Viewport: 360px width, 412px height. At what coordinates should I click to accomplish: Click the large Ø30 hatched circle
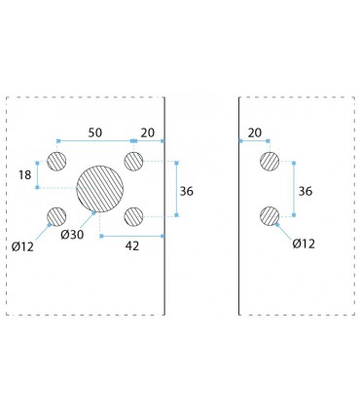100,189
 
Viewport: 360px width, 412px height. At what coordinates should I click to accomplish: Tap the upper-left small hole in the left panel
56,161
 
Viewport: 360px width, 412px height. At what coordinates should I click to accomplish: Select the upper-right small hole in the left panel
133,161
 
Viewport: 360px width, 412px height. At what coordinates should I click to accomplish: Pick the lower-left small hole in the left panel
56,216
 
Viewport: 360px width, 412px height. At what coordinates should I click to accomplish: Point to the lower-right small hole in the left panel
133,216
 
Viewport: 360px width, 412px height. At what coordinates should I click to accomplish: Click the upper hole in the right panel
270,161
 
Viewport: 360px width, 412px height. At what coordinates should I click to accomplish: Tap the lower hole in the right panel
270,216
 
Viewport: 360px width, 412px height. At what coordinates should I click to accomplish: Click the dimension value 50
95,132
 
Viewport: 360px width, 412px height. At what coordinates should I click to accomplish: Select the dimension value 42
132,246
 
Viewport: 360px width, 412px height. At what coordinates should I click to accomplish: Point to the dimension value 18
24,175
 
